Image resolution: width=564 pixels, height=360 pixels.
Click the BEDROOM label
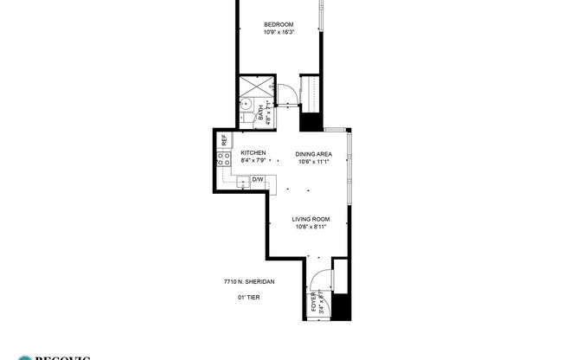[279, 24]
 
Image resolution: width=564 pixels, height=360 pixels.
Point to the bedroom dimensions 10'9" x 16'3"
[279, 33]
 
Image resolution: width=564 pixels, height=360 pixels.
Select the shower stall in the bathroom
[256, 89]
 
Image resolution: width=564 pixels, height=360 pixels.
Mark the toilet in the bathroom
[247, 120]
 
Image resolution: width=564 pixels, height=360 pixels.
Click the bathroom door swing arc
[281, 89]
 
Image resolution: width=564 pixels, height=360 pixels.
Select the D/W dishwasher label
[258, 180]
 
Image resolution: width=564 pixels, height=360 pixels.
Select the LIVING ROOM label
[309, 220]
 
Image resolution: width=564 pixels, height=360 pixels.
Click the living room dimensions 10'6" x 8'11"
[309, 228]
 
